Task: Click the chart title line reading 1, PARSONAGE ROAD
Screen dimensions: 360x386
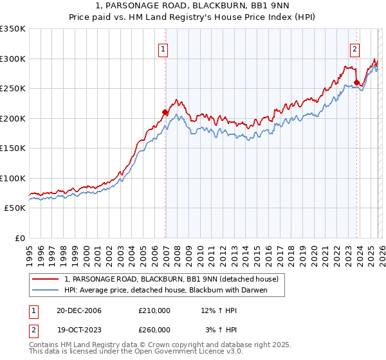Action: point(193,6)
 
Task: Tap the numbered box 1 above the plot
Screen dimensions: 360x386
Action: point(163,49)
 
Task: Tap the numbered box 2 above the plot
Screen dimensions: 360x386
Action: point(354,49)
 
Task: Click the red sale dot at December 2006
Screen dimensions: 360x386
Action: point(165,113)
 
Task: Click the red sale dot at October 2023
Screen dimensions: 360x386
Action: point(356,82)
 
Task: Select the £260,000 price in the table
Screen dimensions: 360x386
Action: point(154,329)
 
